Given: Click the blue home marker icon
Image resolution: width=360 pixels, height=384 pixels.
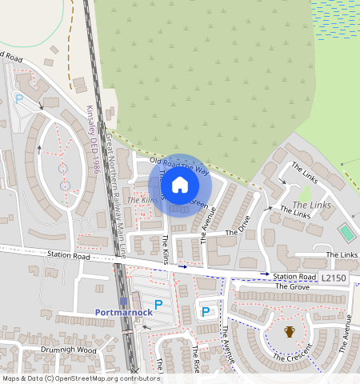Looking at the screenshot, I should pos(180,185).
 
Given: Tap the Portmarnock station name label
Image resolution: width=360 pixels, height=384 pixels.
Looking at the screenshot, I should pos(118,312).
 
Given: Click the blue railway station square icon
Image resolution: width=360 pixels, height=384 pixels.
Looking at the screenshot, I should pos(123,301).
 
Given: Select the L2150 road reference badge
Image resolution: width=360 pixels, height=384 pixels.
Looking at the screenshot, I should pos(334,277).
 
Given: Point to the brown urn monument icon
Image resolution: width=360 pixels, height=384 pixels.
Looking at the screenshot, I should pos(290,331).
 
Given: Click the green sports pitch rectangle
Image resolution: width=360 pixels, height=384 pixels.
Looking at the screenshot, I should pos(346,233).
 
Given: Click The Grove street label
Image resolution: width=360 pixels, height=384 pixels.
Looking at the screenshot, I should pos(292,286).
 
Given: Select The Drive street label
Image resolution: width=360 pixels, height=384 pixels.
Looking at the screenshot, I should pos(238,225).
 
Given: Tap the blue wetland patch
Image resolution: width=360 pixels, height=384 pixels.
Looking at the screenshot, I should pos(335,20).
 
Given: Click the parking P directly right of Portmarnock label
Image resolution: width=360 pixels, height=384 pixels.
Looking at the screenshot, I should pos(158,304).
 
